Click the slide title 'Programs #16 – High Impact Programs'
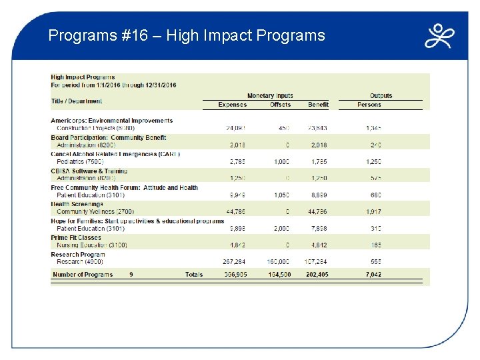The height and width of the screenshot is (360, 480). (187, 35)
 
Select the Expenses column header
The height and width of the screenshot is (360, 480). (232, 105)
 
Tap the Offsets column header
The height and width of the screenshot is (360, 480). (280, 105)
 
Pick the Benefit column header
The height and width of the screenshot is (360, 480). (318, 105)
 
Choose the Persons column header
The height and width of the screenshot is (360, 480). (369, 105)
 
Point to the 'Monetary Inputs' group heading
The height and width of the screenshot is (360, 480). (270, 96)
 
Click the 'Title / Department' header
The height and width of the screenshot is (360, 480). (77, 101)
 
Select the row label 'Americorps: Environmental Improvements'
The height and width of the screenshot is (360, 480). (111, 121)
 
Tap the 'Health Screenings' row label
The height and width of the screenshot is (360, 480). (77, 204)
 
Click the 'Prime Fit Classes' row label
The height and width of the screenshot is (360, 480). (76, 237)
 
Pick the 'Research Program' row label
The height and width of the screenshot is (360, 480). (78, 254)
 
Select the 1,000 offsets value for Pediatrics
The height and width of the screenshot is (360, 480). (281, 161)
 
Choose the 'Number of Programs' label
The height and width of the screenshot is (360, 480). (82, 275)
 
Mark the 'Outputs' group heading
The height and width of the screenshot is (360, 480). (381, 96)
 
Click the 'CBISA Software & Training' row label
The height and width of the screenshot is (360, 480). (89, 171)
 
